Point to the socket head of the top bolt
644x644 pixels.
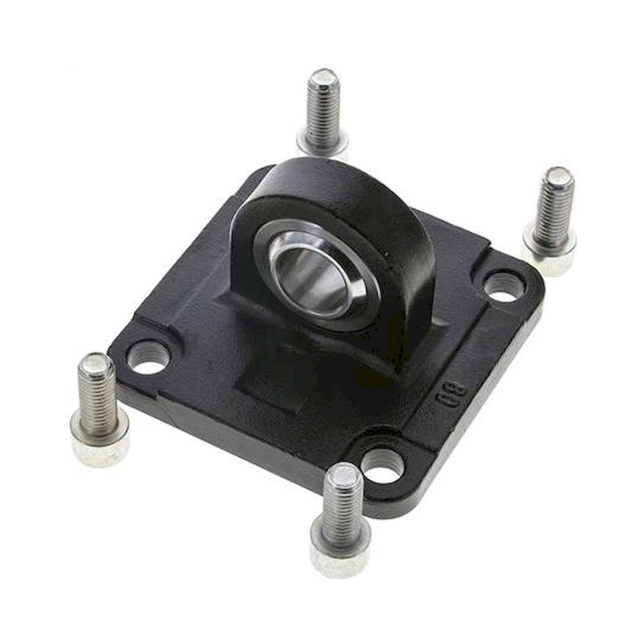[x=323, y=145]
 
